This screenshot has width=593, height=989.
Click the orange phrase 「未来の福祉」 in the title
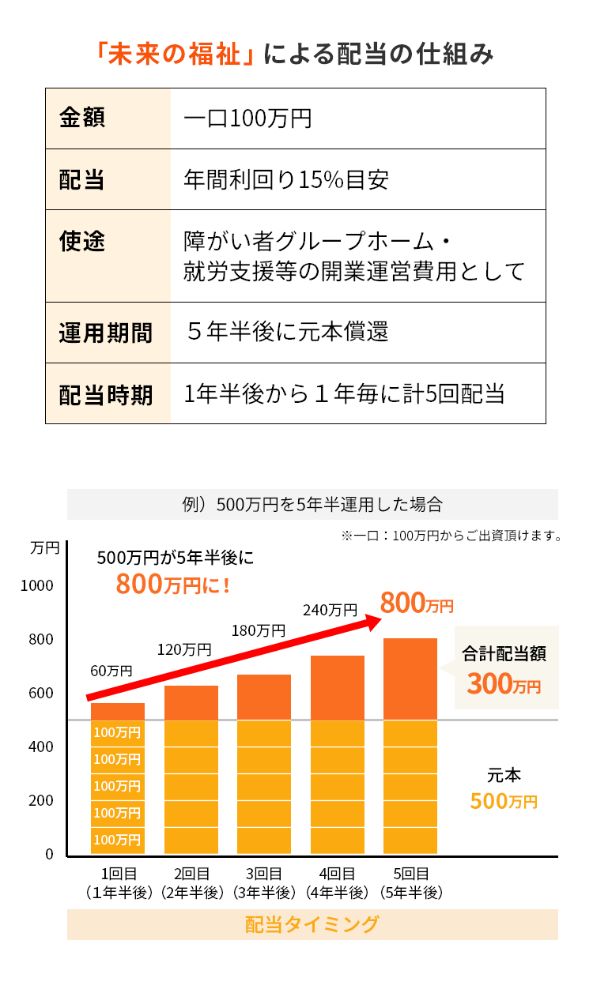[175, 55]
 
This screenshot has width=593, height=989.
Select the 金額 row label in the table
[82, 118]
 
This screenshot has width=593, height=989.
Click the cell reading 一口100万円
[247, 119]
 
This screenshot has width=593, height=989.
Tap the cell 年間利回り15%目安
[286, 180]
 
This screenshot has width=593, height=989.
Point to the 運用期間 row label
[106, 333]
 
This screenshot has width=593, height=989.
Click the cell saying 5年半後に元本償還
[288, 332]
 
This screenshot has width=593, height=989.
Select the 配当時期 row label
[106, 394]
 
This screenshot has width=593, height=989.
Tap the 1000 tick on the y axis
[38, 585]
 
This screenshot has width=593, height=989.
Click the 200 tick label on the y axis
[43, 800]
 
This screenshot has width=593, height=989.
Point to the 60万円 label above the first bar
[111, 671]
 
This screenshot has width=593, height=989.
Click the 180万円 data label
[258, 630]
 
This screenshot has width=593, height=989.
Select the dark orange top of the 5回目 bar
[410, 679]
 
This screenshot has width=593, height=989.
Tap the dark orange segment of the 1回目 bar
[118, 711]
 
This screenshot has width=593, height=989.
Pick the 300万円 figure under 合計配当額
[504, 684]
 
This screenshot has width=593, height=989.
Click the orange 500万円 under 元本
[504, 801]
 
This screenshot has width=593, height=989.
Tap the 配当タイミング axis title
[312, 924]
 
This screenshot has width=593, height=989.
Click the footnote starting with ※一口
[451, 536]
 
